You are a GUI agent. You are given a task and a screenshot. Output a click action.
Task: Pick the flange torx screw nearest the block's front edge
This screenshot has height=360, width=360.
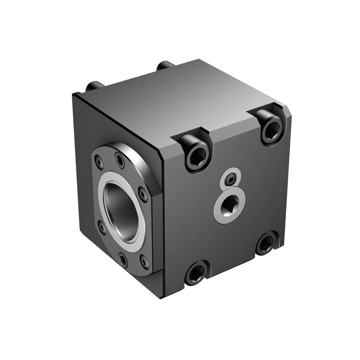(143, 194)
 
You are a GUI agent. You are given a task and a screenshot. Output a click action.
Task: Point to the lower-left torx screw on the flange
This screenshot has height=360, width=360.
(101, 228)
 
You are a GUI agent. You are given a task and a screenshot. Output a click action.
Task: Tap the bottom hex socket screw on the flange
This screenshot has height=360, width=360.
(122, 258)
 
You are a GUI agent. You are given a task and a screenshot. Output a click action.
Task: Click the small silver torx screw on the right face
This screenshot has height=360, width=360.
(230, 180)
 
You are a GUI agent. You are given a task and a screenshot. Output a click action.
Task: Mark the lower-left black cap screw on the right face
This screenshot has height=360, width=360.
(196, 274)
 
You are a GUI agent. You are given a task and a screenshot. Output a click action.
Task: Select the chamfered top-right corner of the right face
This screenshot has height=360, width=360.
(287, 112)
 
